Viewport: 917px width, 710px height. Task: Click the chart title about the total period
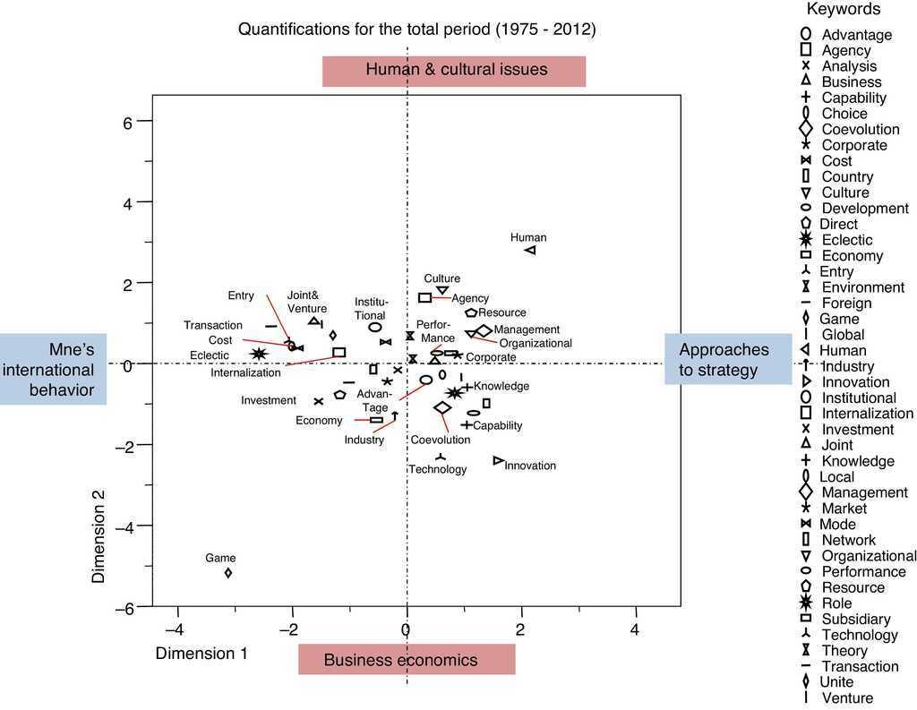[416, 30]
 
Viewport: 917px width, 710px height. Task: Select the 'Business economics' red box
[407, 660]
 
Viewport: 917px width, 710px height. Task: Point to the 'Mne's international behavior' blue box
[54, 369]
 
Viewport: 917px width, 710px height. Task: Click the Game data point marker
[228, 572]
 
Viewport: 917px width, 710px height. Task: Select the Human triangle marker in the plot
[530, 251]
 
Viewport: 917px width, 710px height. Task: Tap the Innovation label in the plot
[530, 466]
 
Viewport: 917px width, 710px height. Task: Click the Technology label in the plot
[438, 469]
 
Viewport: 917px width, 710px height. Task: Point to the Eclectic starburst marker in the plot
[259, 355]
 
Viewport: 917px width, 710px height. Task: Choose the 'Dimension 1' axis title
[201, 654]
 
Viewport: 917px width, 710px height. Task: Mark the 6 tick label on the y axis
[127, 123]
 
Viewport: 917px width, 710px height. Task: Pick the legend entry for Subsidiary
[855, 620]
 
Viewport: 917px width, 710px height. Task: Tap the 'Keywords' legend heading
[843, 10]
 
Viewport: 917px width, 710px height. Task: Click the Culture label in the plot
[441, 278]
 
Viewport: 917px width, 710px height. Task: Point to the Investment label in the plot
[269, 401]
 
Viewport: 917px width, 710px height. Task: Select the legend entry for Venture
[846, 698]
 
